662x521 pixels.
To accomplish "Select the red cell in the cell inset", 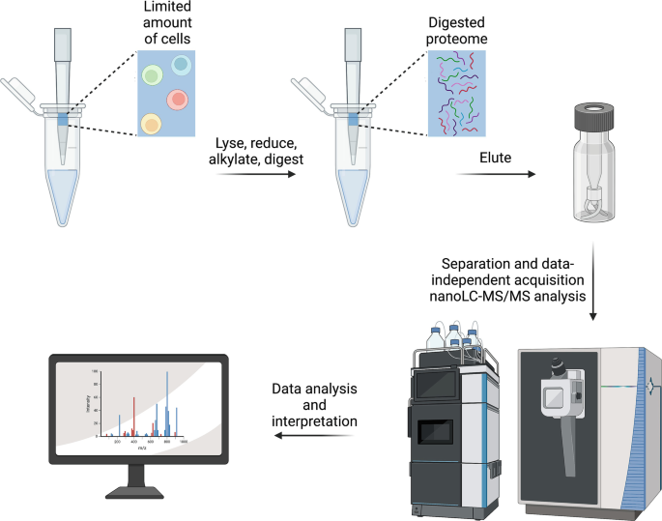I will [x=177, y=99].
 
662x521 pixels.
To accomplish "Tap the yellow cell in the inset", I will [x=150, y=123].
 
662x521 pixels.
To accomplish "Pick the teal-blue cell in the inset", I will [x=180, y=64].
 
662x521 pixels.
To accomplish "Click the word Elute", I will [x=495, y=153].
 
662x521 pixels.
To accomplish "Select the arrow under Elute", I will [x=495, y=175].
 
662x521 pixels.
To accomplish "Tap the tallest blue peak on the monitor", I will [x=169, y=401].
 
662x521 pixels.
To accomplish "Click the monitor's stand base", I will [x=139, y=492].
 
